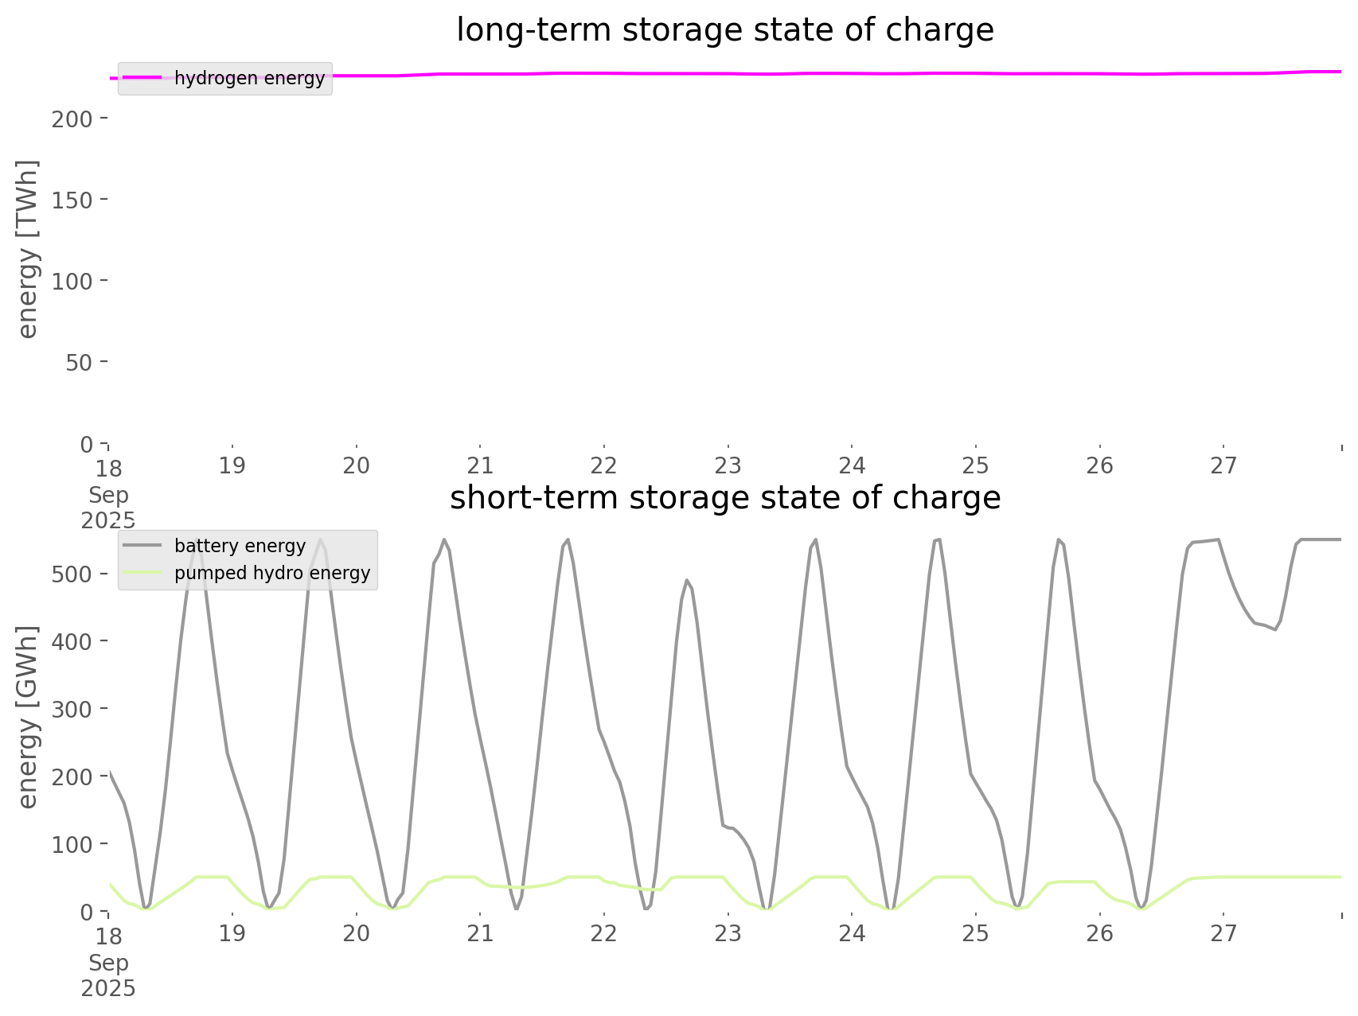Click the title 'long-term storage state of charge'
point(724,30)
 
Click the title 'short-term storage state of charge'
point(724,498)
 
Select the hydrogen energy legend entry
point(249,79)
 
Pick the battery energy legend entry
point(240,546)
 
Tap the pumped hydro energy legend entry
point(272,573)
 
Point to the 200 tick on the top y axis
point(72,119)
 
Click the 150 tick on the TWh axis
point(72,200)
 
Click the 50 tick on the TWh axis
point(79,362)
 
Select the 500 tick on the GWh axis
point(72,574)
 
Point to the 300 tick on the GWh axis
point(72,709)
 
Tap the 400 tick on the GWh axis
point(72,641)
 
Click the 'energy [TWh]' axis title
point(28,249)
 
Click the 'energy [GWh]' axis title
point(28,717)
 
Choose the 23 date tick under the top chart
point(728,465)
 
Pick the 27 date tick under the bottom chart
point(1223,933)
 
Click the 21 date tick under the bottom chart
point(480,933)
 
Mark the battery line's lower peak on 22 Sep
point(687,580)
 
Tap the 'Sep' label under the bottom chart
point(108,963)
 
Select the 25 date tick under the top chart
point(976,465)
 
